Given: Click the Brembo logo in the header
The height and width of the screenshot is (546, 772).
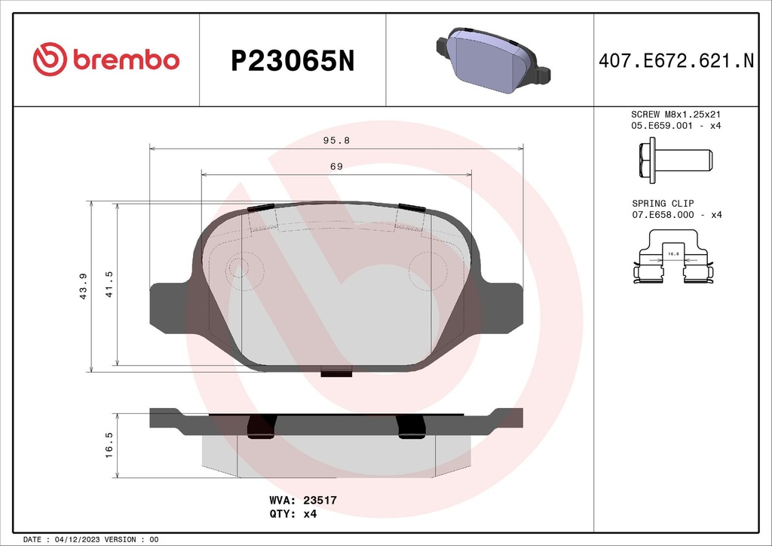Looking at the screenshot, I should click(106, 60).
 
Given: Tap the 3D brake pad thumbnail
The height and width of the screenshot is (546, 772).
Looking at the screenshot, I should click(490, 60).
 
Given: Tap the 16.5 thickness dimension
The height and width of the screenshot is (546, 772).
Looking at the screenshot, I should click(109, 445).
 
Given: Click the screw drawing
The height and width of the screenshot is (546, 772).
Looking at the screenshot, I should click(674, 160).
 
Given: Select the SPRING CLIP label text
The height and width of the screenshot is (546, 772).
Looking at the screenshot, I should click(663, 204).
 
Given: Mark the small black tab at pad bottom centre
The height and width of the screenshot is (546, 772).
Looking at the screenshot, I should click(337, 371).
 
